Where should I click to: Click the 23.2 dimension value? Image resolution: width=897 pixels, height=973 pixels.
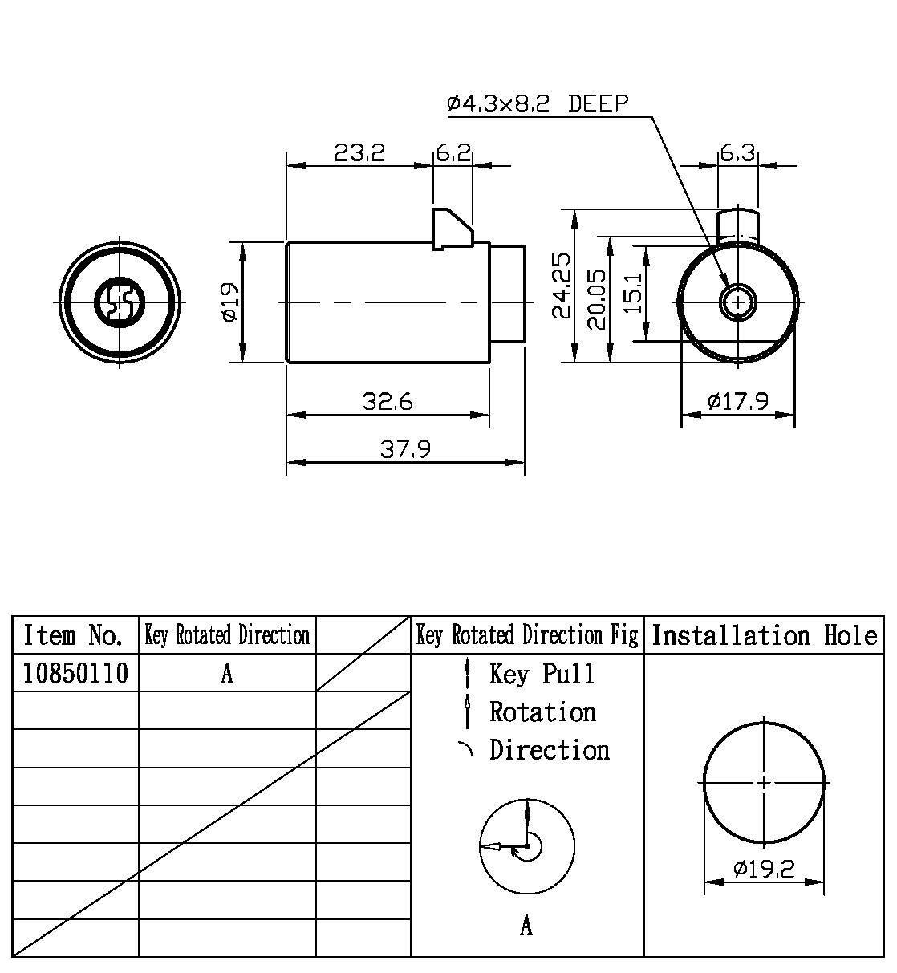point(359,152)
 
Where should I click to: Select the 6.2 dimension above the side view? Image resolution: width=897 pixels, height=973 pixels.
point(453,152)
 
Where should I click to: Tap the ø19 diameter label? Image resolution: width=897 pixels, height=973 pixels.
point(229,302)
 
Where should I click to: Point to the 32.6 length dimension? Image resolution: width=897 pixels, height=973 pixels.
point(388,401)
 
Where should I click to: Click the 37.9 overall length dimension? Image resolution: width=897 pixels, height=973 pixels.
point(405,449)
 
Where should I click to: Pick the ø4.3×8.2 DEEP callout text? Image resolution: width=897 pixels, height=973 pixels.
point(538,104)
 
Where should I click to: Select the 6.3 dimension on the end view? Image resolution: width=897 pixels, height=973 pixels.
point(737,152)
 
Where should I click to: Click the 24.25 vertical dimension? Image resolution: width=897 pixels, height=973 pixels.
point(562,286)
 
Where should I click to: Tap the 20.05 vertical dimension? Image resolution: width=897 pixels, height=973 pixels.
point(597,298)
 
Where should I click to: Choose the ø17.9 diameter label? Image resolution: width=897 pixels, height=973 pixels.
point(738,401)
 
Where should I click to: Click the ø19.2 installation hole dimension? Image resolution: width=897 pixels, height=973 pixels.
point(764,868)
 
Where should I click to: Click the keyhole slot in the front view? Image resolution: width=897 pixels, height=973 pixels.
point(120,302)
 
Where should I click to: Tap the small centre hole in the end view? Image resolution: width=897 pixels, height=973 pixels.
point(736,302)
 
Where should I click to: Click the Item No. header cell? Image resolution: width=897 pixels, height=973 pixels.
point(75,636)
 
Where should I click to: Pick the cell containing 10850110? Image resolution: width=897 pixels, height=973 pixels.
point(75,674)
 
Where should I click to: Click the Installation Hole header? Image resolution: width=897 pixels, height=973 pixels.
point(764,636)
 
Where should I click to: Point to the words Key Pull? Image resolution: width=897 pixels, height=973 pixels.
point(542,674)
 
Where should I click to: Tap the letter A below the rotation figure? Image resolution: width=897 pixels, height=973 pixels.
point(526,926)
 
